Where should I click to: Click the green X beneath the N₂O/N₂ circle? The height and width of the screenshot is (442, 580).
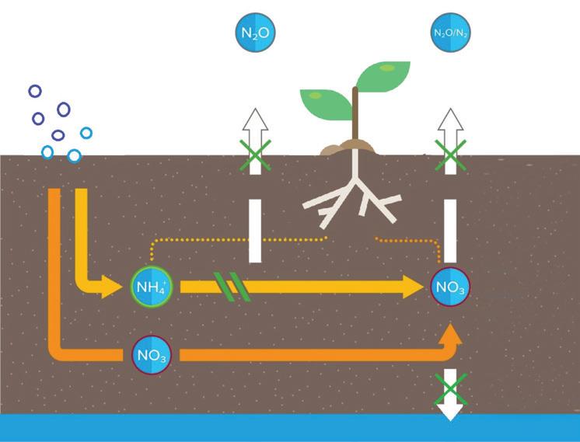(x=449, y=154)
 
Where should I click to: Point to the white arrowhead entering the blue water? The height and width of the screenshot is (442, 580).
(x=449, y=409)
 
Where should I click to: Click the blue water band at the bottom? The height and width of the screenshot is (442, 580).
(x=233, y=428)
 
